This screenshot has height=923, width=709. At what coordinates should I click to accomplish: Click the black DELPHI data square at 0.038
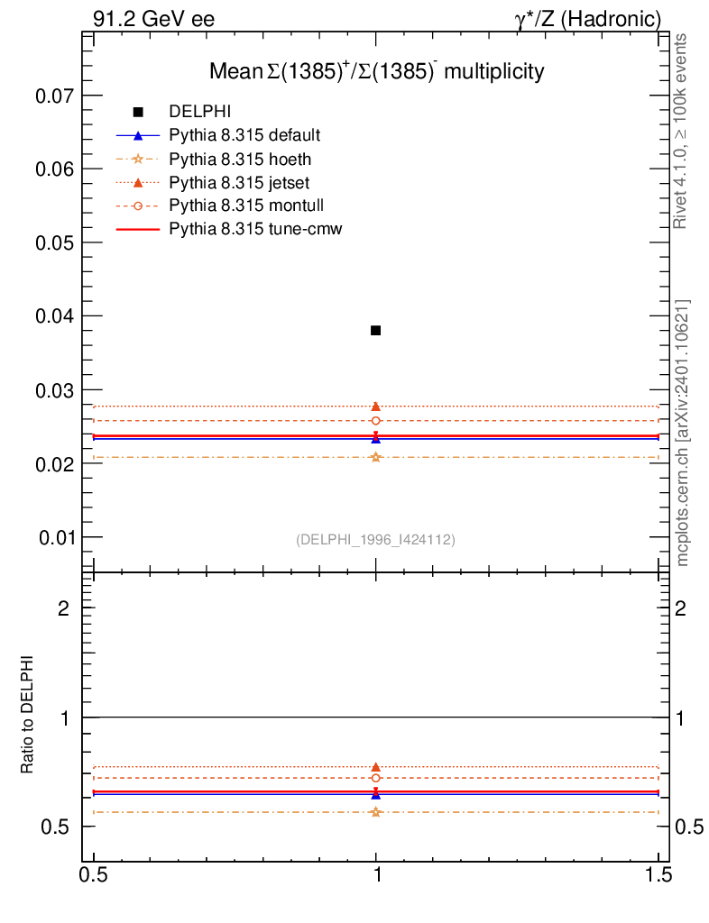pos(375,331)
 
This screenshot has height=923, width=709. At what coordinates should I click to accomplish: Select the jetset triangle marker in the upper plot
pos(375,407)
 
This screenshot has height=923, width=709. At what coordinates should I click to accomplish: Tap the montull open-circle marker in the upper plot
pos(375,421)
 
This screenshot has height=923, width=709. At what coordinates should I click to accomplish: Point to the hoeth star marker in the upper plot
pos(375,457)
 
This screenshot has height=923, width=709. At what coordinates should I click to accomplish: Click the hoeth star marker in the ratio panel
pos(375,812)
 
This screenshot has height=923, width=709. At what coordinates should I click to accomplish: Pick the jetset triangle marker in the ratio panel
pos(375,767)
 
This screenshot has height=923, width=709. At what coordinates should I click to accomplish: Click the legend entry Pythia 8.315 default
pos(244,135)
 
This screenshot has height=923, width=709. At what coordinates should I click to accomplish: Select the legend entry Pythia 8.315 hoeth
pos(239,159)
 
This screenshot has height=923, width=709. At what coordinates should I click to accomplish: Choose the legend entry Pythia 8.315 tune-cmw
pos(255,229)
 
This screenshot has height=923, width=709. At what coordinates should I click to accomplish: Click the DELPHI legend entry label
pos(200,112)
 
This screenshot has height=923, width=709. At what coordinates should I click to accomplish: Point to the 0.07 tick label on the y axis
pos(54,96)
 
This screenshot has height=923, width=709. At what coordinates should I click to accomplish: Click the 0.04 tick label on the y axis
pos(54,316)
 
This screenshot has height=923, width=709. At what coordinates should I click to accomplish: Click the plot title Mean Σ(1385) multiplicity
pos(376,70)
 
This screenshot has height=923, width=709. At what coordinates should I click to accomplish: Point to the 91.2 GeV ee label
pos(152,18)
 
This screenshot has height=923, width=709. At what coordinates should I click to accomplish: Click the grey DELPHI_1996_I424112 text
pos(375,540)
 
